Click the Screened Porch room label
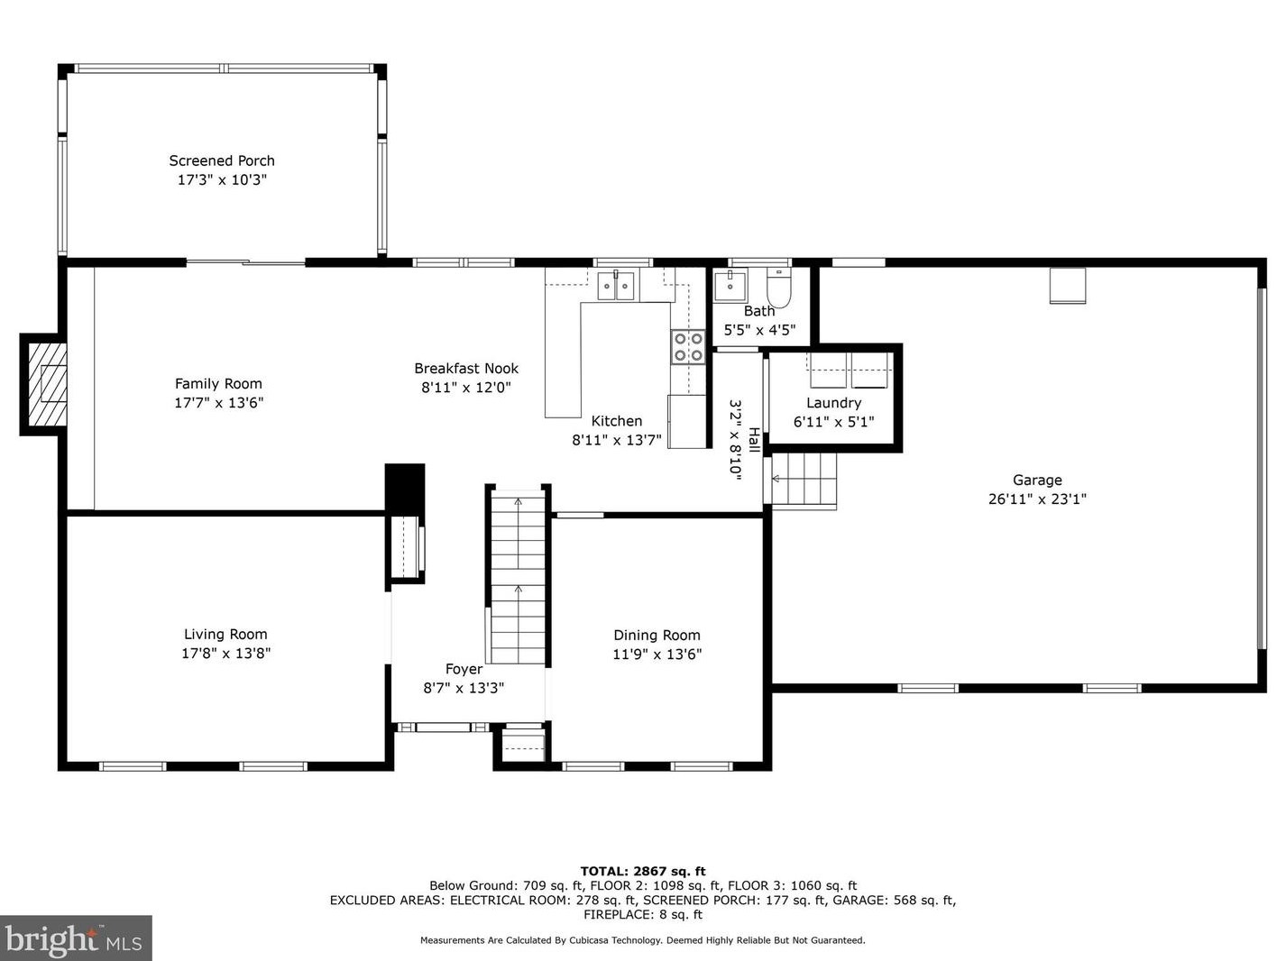tap(222, 160)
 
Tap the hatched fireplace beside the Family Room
tap(48, 384)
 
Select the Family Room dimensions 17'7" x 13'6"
tap(218, 402)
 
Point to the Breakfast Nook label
tap(465, 369)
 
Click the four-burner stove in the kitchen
tap(688, 347)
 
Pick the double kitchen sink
tap(616, 286)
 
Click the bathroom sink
tap(730, 287)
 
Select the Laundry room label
tap(833, 403)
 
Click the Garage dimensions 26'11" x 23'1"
tap(1037, 499)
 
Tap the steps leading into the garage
tap(804, 479)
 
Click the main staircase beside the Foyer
tap(518, 578)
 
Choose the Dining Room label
tap(657, 635)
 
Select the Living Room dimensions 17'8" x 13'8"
tap(225, 653)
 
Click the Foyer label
tap(464, 669)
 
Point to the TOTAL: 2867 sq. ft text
tap(643, 872)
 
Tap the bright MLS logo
tap(76, 938)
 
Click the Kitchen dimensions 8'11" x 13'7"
tap(616, 440)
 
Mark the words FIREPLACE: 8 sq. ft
tap(643, 914)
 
